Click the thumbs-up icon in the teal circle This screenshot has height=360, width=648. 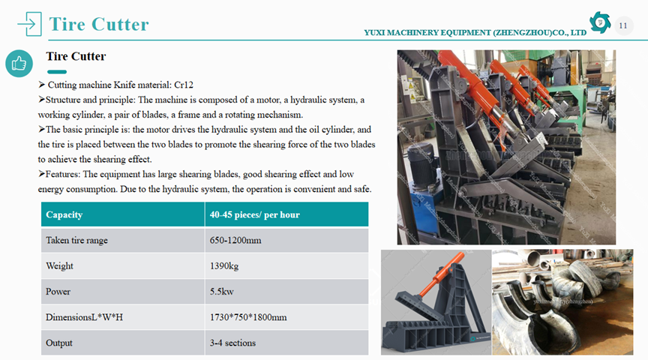pyautogui.click(x=19, y=64)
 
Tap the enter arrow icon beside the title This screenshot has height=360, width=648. pyautogui.click(x=28, y=24)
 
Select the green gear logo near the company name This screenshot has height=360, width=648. pyautogui.click(x=600, y=23)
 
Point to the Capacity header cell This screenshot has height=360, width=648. pyautogui.click(x=64, y=215)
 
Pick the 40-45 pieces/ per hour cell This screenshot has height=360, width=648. pyautogui.click(x=255, y=215)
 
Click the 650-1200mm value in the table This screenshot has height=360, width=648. pyautogui.click(x=235, y=241)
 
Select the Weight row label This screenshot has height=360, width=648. pyautogui.click(x=60, y=266)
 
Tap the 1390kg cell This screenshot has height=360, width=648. pyautogui.click(x=225, y=266)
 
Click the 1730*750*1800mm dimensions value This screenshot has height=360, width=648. pyautogui.click(x=248, y=317)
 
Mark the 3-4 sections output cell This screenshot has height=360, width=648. pyautogui.click(x=232, y=343)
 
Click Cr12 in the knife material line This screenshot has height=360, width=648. pyautogui.click(x=184, y=85)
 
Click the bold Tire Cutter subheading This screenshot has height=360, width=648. pyautogui.click(x=76, y=57)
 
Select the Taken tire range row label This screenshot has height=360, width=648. pyautogui.click(x=76, y=241)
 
